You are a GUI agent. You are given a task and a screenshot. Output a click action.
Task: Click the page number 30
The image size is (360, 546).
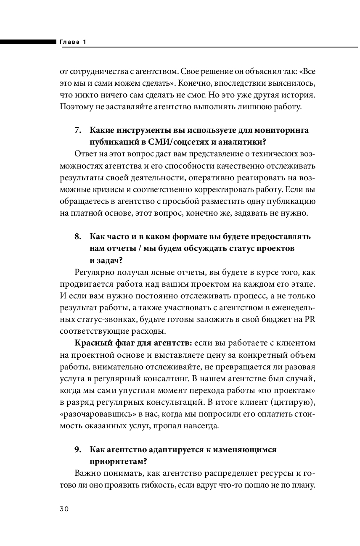coord(64,509)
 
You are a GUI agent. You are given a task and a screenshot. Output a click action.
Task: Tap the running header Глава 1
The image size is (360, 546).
coord(73,42)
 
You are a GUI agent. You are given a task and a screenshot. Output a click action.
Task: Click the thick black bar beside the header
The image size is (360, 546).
coord(28,42)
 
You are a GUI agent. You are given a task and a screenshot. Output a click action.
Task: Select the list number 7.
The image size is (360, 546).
coord(77,130)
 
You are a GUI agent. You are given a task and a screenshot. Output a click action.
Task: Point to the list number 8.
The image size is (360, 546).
coord(77,236)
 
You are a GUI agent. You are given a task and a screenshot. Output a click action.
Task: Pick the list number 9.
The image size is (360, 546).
coord(77,450)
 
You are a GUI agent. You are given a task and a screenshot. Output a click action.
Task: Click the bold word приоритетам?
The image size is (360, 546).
coord(118,462)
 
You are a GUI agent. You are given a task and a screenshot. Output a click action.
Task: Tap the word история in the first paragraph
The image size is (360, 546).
coord(298,95)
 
